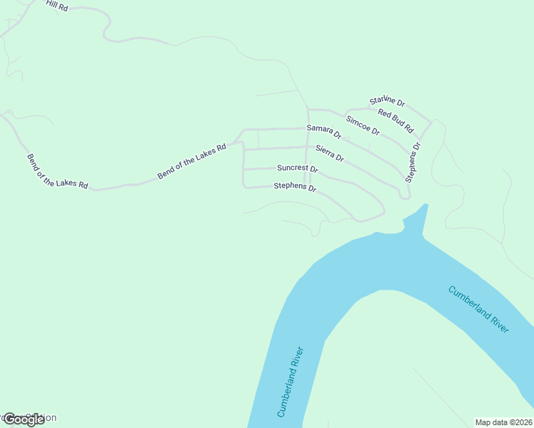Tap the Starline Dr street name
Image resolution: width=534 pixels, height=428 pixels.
tap(387, 102)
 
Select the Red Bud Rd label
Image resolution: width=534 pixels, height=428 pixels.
tap(396, 121)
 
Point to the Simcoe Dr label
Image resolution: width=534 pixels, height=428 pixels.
tap(363, 125)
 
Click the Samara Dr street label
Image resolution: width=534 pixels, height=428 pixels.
tap(324, 131)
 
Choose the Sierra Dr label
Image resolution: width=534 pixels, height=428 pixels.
tap(330, 153)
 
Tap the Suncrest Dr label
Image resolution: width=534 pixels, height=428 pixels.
tap(297, 169)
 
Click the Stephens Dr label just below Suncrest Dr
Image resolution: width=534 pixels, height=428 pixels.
tap(295, 187)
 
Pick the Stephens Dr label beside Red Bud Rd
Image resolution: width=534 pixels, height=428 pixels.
tap(413, 162)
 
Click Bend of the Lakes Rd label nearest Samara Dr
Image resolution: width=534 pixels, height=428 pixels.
tap(191, 160)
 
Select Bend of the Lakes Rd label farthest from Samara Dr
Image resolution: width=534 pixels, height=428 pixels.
tap(57, 171)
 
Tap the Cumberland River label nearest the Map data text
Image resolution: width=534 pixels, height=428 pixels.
tap(478, 309)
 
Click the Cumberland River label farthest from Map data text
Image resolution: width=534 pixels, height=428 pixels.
tap(291, 382)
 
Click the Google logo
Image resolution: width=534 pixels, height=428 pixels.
tap(24, 419)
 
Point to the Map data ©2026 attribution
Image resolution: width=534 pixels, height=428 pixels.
tap(503, 422)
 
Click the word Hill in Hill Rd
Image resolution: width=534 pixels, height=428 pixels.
tap(51, 4)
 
